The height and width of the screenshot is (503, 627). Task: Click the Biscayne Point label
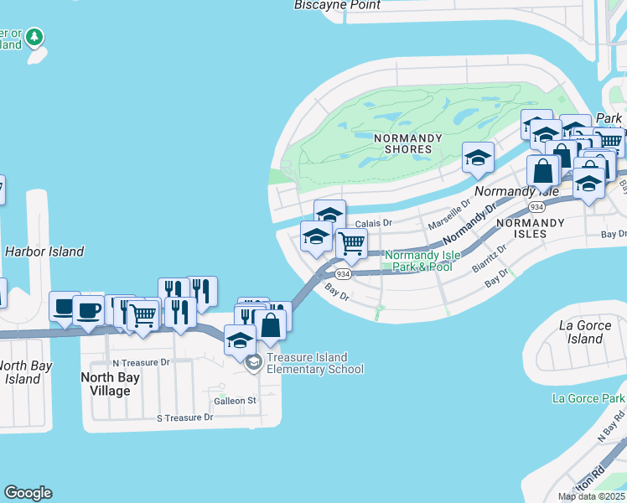(x=337, y=5)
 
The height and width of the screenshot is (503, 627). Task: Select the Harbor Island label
(x=44, y=251)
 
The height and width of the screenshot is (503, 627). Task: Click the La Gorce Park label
(x=588, y=398)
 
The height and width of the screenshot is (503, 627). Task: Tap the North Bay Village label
(x=110, y=384)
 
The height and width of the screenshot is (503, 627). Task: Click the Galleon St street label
(x=235, y=401)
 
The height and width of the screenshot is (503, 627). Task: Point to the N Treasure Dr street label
(x=141, y=363)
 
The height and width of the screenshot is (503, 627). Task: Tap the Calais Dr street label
(x=374, y=223)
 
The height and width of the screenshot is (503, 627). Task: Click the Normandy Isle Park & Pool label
(x=418, y=261)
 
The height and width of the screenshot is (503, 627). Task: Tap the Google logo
(x=28, y=493)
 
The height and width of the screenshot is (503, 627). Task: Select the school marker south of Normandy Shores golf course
(x=478, y=158)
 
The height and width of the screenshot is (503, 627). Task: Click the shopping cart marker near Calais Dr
(x=351, y=244)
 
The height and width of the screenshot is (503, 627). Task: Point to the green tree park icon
(x=34, y=37)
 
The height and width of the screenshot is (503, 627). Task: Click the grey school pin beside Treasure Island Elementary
(x=252, y=362)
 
